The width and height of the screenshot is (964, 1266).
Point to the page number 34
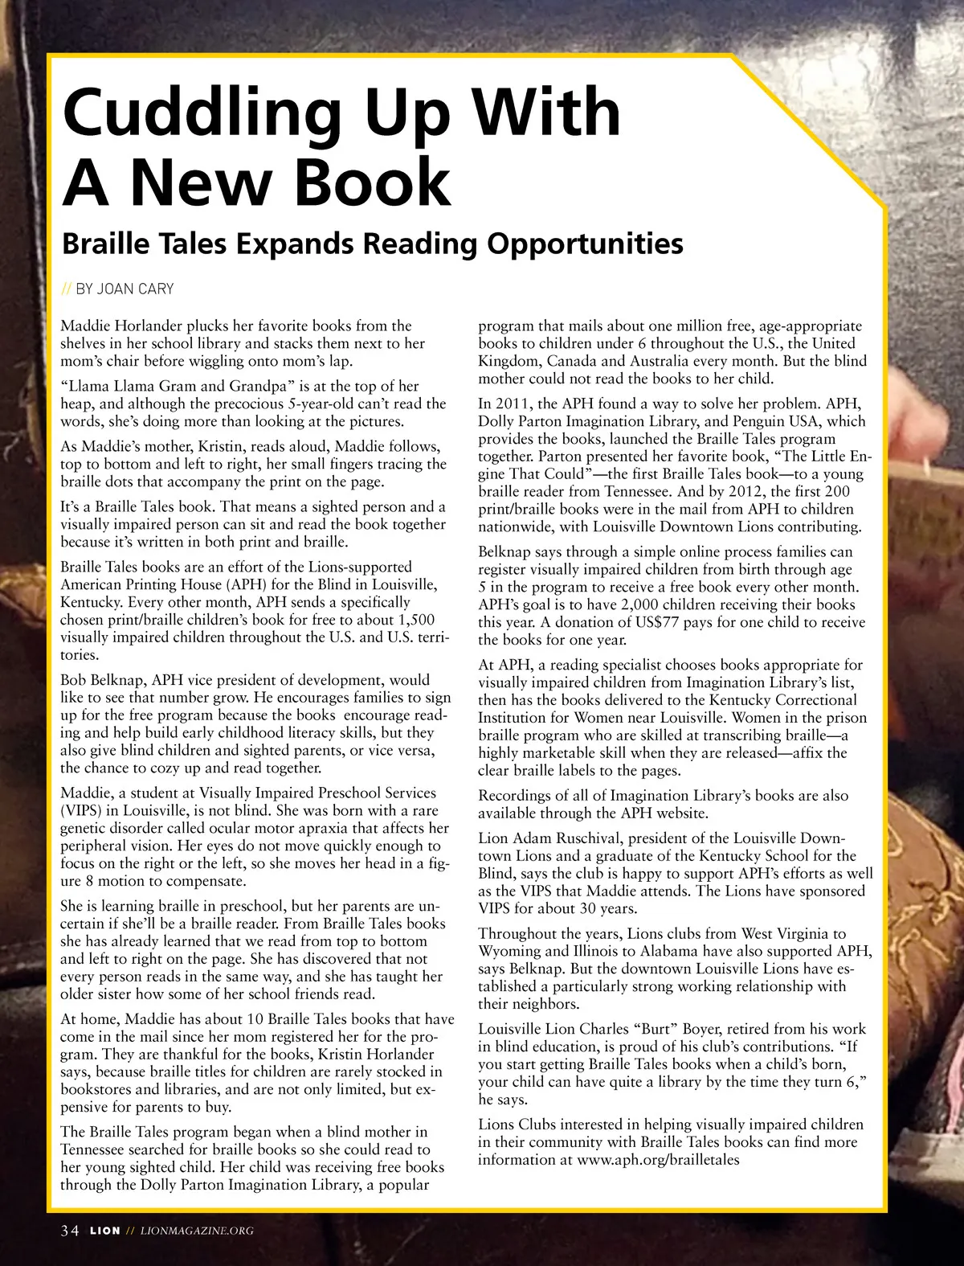click(x=70, y=1231)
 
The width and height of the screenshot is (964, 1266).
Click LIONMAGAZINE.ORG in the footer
click(x=197, y=1231)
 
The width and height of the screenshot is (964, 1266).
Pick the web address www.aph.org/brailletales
click(x=659, y=1160)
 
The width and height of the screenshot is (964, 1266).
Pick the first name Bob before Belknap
click(x=73, y=681)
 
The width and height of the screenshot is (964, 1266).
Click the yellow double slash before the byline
click(x=67, y=289)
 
